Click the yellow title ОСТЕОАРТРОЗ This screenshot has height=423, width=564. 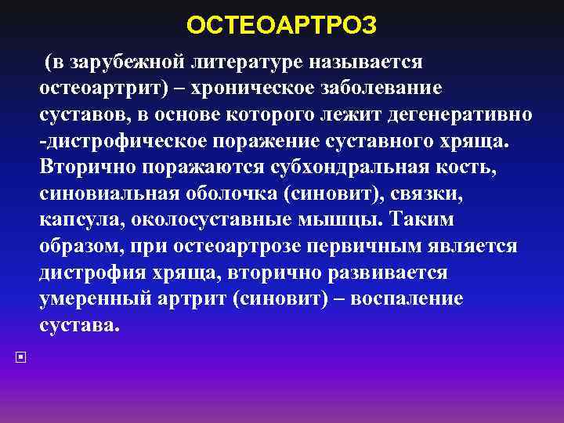[x=282, y=26]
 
